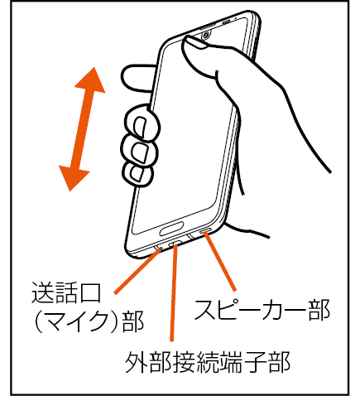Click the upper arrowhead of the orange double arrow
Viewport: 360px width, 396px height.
tap(91, 81)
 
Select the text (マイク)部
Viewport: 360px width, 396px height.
tap(88, 321)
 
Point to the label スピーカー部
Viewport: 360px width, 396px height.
tap(262, 310)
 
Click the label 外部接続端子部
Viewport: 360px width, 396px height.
tap(208, 362)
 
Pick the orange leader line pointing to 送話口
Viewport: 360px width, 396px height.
tap(137, 271)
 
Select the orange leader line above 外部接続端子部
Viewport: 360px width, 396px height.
tap(174, 293)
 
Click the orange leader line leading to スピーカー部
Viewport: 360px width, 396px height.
tap(220, 262)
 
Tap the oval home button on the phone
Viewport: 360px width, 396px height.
tap(171, 228)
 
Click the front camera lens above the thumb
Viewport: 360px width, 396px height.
tap(205, 35)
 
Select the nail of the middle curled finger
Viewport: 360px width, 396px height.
tap(139, 152)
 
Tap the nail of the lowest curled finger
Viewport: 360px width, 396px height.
tap(137, 174)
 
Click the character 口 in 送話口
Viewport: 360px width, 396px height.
tap(89, 292)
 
